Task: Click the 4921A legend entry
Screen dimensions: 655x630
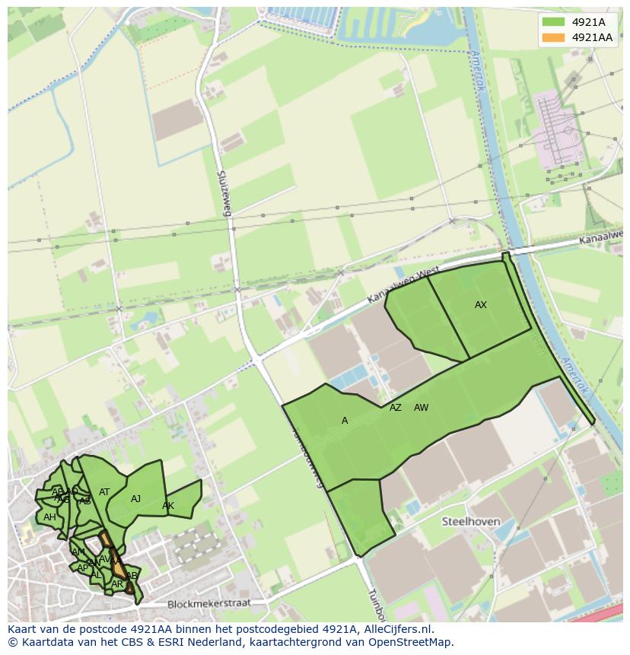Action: click(x=588, y=22)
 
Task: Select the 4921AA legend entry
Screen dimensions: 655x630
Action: click(x=592, y=37)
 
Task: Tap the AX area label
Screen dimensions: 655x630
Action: click(x=480, y=305)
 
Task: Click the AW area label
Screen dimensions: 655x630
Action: click(x=421, y=408)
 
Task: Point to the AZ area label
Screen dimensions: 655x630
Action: click(x=395, y=408)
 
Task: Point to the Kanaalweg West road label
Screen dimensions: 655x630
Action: click(x=391, y=285)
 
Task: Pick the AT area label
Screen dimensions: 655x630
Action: click(x=104, y=492)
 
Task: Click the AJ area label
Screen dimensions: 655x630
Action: click(x=135, y=499)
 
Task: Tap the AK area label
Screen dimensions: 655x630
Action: click(x=168, y=506)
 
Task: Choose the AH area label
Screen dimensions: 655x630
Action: click(x=49, y=517)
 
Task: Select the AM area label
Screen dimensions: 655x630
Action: click(x=78, y=552)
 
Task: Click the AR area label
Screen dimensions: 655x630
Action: click(x=116, y=584)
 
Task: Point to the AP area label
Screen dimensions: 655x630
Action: click(x=82, y=568)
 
